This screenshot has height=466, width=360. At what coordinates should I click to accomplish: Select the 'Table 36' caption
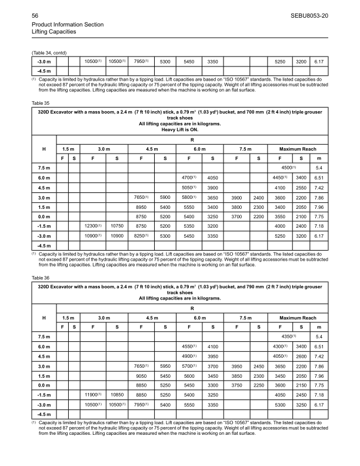pyautogui.click(x=40, y=277)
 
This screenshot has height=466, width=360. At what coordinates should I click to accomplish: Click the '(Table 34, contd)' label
pyautogui.click(x=52, y=52)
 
